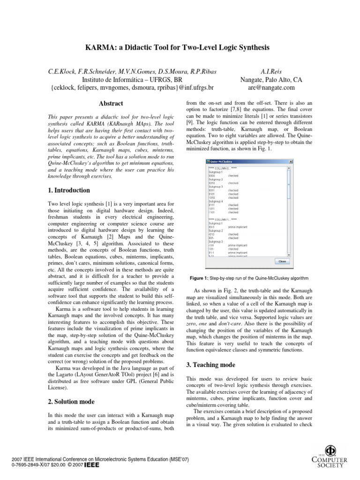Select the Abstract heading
[111, 104]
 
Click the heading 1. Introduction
[69, 190]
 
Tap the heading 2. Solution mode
[71, 402]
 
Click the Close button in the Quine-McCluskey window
[283, 261]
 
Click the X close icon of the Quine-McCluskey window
[291, 162]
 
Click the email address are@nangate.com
[268, 88]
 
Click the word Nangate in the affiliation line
[253, 80]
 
